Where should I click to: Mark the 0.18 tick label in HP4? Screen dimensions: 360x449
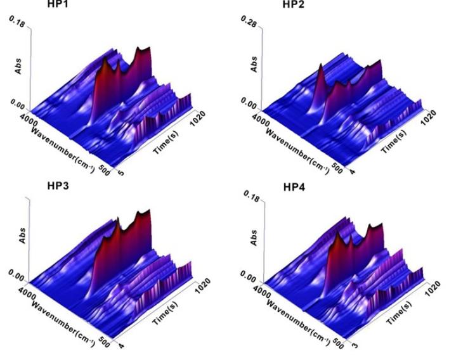click(x=252, y=199)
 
